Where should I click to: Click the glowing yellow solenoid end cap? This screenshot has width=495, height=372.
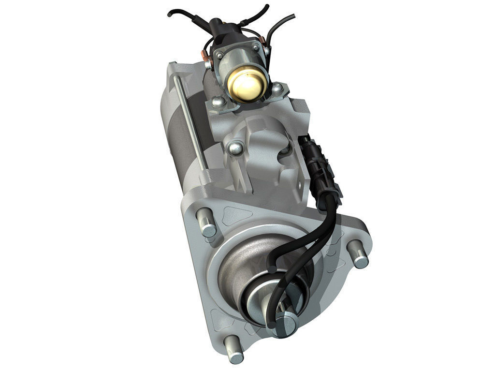point(247,84)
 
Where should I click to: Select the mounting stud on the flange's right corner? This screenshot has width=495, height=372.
point(358,254)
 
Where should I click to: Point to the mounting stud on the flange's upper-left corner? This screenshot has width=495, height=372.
point(206,222)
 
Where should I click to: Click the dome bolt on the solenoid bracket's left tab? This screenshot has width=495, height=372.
point(218,101)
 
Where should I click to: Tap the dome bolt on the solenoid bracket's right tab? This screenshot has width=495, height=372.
point(277,89)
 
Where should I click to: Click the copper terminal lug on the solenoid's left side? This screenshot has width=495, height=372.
point(207,63)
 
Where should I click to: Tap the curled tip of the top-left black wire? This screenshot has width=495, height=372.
point(170,14)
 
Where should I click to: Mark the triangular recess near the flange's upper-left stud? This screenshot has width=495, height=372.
point(235,213)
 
